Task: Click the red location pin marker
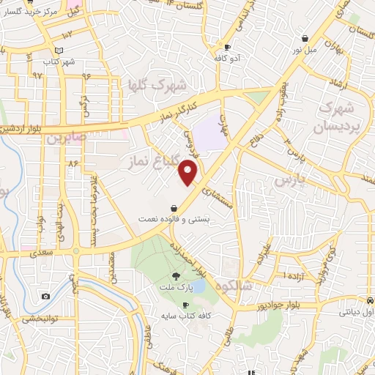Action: point(189,173)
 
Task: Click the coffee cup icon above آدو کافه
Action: point(228,48)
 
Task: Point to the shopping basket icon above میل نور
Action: point(304,39)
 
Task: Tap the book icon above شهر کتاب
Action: point(59,51)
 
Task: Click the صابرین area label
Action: point(67,136)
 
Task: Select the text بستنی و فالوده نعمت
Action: point(173,218)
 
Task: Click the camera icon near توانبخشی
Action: point(46,296)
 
